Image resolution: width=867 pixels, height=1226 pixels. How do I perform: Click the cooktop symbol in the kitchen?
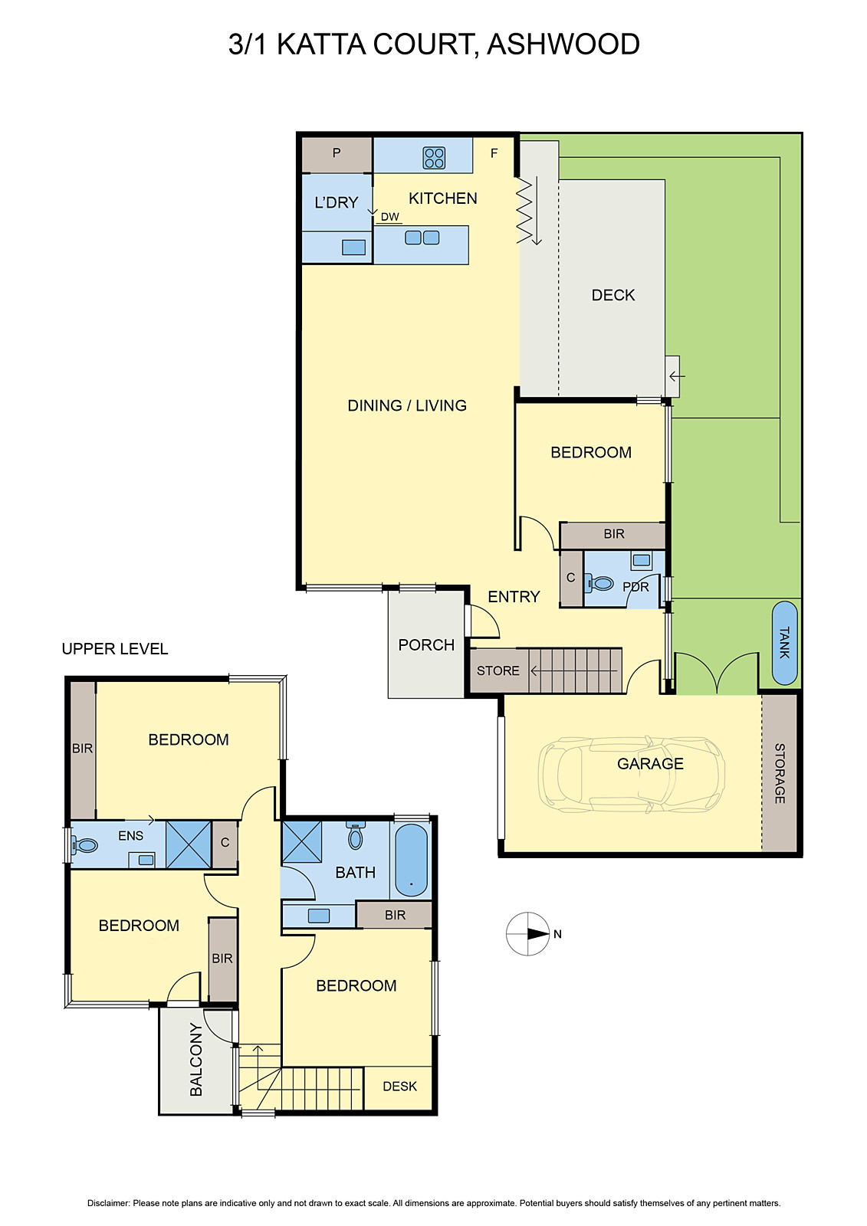tap(434, 158)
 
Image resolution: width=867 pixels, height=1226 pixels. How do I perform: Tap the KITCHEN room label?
tap(442, 198)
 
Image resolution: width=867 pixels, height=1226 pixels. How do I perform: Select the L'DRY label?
tap(336, 202)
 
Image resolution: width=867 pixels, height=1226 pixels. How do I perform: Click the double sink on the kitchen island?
tap(422, 238)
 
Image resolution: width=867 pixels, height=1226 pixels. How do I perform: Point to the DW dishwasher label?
tap(389, 217)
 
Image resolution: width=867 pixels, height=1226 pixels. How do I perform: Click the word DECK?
tap(612, 295)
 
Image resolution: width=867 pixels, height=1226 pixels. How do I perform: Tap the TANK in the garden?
tap(784, 643)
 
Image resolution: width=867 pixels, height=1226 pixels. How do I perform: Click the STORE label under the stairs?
tap(498, 670)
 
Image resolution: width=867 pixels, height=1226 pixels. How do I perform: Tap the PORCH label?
tap(426, 645)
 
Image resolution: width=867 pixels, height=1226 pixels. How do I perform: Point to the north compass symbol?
tap(529, 934)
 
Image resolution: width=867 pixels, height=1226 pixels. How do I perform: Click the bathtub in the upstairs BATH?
tap(412, 860)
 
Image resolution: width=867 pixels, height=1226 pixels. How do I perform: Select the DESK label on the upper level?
tap(399, 1087)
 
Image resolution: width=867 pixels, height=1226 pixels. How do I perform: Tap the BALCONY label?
tap(196, 1059)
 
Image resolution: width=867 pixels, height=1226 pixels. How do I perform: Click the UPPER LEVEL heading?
tap(114, 649)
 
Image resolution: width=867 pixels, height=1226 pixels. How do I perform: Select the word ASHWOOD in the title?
tap(563, 44)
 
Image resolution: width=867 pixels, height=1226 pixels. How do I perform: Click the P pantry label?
tap(336, 153)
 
